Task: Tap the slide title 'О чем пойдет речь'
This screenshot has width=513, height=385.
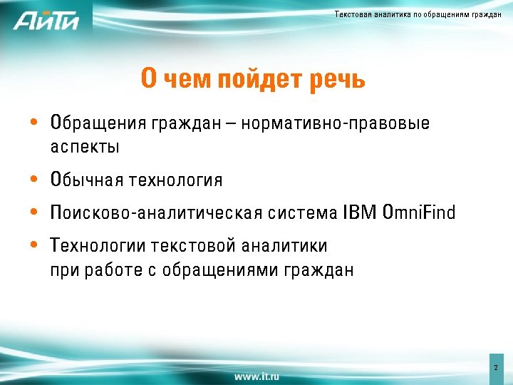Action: tap(253, 80)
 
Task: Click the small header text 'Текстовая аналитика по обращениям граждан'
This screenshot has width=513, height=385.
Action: tap(418, 15)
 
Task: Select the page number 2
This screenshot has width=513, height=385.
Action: tap(495, 368)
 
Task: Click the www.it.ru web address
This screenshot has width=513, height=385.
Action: tap(256, 376)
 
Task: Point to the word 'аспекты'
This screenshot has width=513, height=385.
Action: tap(85, 148)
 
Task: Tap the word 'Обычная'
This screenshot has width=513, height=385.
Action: tap(86, 180)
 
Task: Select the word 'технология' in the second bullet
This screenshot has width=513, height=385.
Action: tap(175, 180)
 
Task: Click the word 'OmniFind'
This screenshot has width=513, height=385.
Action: tap(419, 212)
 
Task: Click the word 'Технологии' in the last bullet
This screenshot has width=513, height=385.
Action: tap(98, 246)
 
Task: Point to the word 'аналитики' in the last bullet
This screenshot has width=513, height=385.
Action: tap(284, 246)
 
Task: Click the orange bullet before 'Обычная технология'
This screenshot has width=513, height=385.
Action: tap(34, 180)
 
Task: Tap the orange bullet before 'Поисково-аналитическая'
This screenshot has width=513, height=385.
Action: tap(34, 212)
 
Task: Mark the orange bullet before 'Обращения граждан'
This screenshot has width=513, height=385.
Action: tap(34, 123)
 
